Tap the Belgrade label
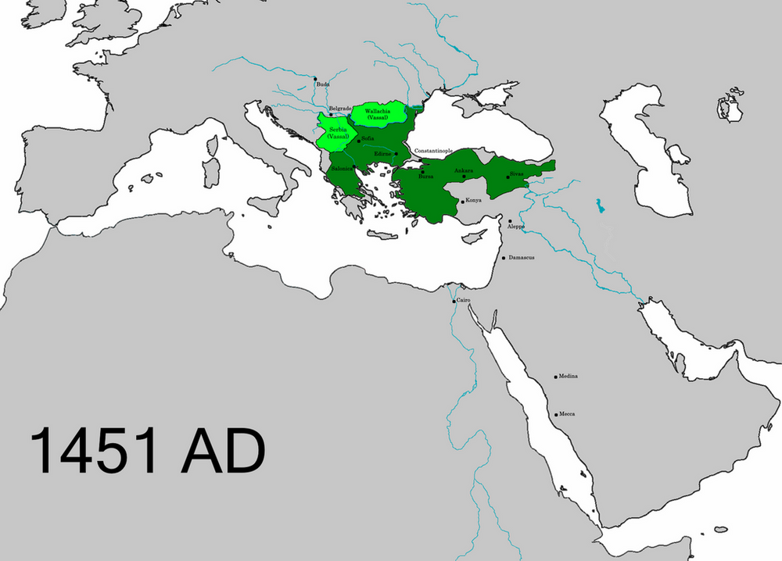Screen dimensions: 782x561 (340, 109)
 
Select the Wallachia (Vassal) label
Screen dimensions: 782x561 (379, 114)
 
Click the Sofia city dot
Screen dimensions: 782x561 (358, 141)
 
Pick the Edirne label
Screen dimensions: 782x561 (383, 154)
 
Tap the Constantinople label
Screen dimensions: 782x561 (433, 150)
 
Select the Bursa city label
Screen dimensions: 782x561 (426, 177)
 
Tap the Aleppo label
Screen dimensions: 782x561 (516, 227)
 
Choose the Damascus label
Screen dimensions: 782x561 (521, 257)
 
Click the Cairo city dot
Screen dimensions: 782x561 (454, 301)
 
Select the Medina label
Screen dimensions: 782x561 (568, 377)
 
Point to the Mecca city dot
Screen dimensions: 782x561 (554, 414)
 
